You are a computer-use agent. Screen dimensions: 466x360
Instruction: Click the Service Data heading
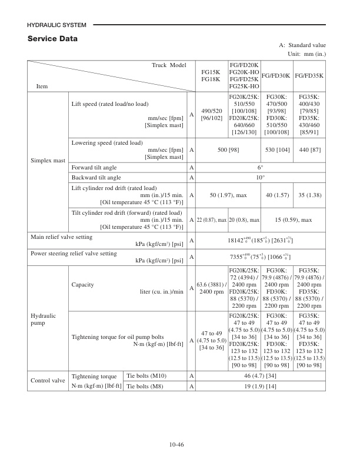(x=53, y=39)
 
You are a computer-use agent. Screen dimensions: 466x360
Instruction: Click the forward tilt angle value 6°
(x=261, y=167)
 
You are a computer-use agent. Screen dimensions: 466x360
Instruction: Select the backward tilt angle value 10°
(x=261, y=177)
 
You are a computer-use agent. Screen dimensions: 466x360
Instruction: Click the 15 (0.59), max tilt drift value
(x=292, y=219)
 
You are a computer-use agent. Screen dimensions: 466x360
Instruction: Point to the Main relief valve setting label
(x=61, y=237)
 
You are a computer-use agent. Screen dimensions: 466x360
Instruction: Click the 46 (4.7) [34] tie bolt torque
(x=261, y=375)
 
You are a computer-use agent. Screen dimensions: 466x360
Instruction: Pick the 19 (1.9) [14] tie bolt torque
(x=261, y=386)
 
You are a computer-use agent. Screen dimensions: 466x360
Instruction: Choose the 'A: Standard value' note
(x=302, y=45)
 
